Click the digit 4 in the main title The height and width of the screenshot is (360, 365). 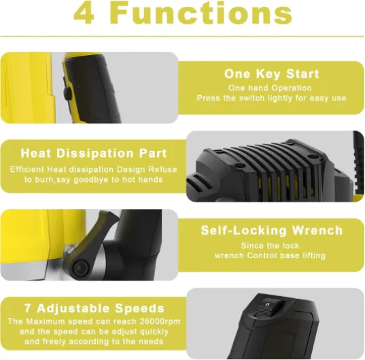click(x=84, y=13)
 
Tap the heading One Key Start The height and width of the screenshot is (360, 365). click(x=271, y=74)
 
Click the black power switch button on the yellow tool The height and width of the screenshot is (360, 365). click(x=68, y=93)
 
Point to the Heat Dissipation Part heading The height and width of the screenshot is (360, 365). click(x=94, y=154)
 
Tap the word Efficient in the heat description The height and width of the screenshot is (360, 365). click(x=27, y=169)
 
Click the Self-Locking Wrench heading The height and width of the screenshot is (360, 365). click(x=271, y=231)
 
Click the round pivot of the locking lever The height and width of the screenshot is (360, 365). click(x=81, y=268)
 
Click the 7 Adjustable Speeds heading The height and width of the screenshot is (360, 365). click(x=94, y=308)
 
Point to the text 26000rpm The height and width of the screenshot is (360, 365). click(x=160, y=321)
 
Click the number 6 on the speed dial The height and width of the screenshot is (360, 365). click(x=267, y=304)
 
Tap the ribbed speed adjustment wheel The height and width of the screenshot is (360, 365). click(x=264, y=310)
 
